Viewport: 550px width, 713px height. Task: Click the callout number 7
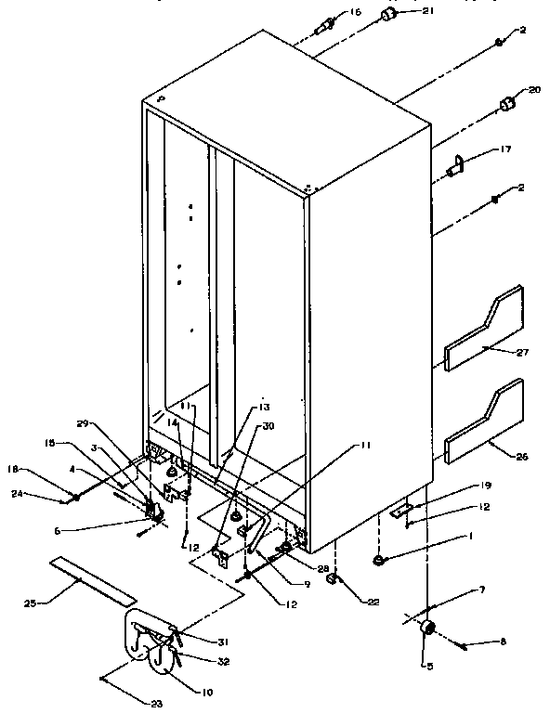[454, 591]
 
